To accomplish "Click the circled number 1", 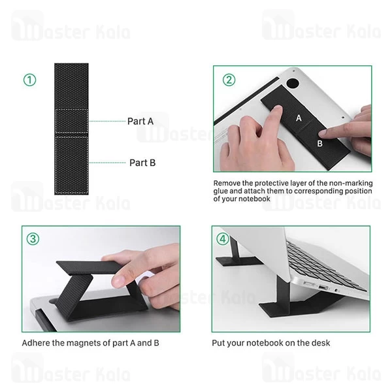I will [x=29, y=80].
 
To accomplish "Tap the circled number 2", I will [x=229, y=80].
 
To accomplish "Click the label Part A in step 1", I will [x=140, y=121].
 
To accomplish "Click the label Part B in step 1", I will [x=142, y=163].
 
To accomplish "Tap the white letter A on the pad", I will [x=299, y=118].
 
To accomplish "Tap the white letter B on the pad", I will [x=320, y=142].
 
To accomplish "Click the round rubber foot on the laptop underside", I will [x=292, y=84].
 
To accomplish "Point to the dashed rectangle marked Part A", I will [x=72, y=122].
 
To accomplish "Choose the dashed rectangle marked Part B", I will [x=72, y=163].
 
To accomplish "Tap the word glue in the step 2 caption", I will [x=224, y=191].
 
